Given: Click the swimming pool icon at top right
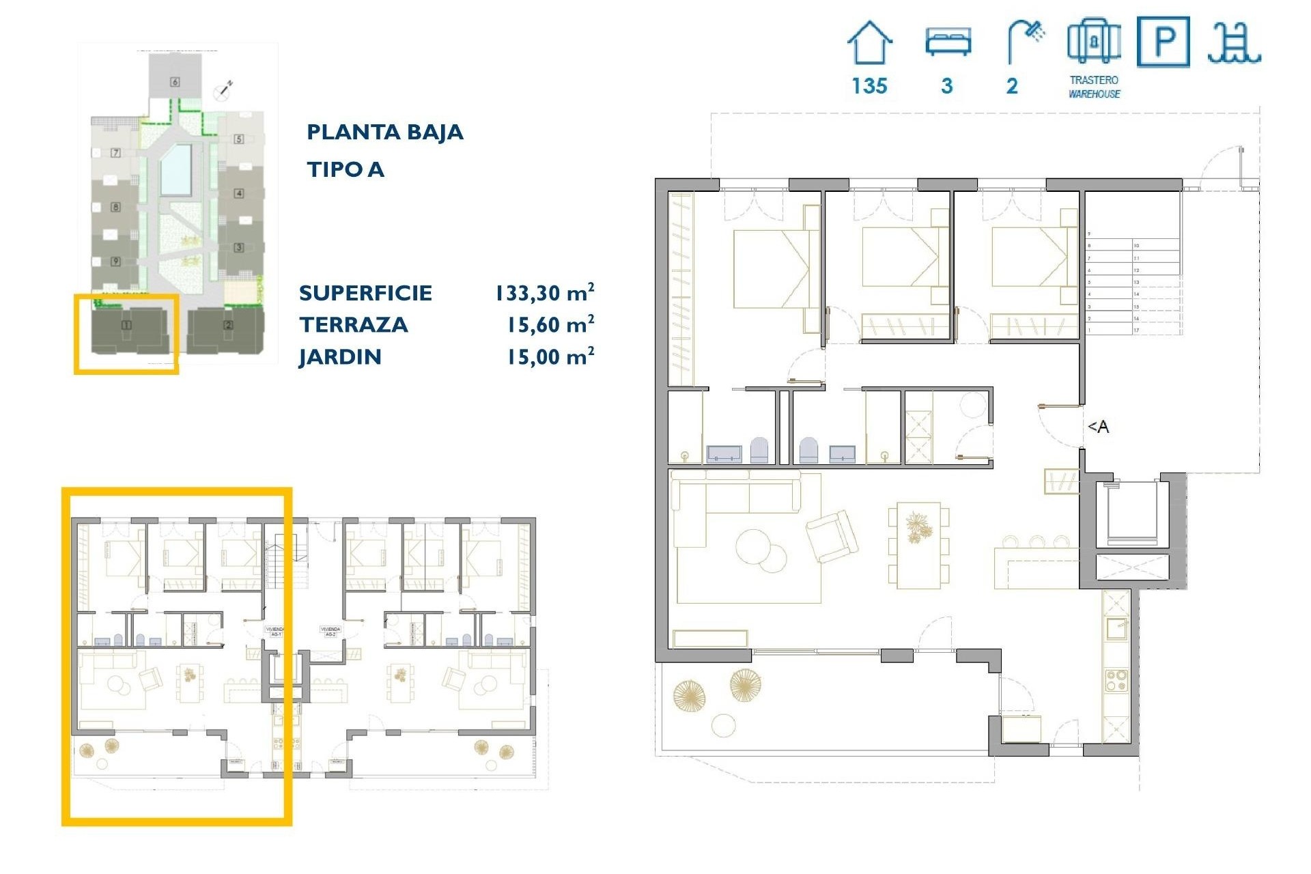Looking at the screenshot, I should coord(1233,43).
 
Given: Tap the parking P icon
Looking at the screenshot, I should coord(1163,42).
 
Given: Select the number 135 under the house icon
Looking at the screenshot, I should coord(869,86).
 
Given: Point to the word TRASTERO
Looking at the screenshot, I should coord(1094,80).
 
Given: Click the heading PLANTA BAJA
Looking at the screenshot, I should coord(384,132).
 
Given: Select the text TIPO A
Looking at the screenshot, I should coord(345,169).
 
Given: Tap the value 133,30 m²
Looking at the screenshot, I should coord(544,293).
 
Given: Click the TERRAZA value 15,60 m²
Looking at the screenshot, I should coord(550,325).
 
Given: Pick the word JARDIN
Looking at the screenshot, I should coord(340,357).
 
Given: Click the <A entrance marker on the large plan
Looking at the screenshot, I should coord(1098,427).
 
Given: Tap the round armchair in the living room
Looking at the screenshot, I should coord(831,536).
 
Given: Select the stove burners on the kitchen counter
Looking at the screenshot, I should coord(1116,681).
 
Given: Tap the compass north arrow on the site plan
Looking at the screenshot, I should coord(223,88).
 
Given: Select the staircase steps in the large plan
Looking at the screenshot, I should coord(1132,287).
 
